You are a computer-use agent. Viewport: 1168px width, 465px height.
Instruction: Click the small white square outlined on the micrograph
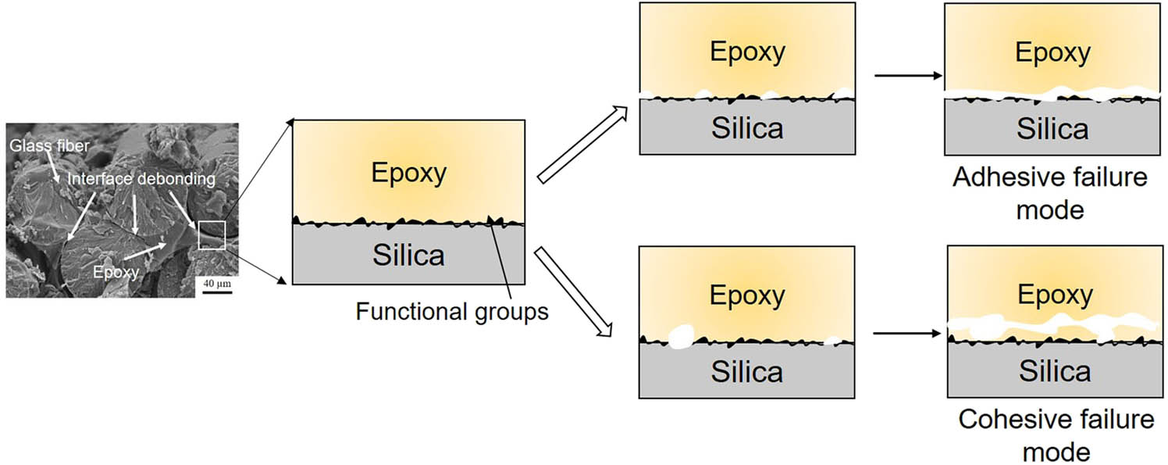click(x=212, y=235)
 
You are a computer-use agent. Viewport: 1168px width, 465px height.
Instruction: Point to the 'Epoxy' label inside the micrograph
click(x=116, y=271)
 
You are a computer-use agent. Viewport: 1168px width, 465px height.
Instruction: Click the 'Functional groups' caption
click(x=452, y=312)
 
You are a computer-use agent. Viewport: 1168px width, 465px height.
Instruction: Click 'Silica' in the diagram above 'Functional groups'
click(x=408, y=255)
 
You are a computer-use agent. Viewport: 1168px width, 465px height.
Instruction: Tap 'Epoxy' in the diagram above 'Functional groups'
click(x=408, y=173)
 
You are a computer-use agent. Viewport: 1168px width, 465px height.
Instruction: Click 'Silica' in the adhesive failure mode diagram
click(x=1052, y=128)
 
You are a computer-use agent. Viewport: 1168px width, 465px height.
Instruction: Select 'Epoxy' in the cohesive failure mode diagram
click(x=1055, y=295)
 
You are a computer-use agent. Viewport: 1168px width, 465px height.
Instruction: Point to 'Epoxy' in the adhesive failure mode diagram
click(x=1052, y=52)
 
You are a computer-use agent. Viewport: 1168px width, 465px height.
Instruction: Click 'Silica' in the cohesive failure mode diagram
click(x=1055, y=371)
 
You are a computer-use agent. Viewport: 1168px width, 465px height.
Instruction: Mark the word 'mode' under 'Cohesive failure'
click(x=1056, y=451)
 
